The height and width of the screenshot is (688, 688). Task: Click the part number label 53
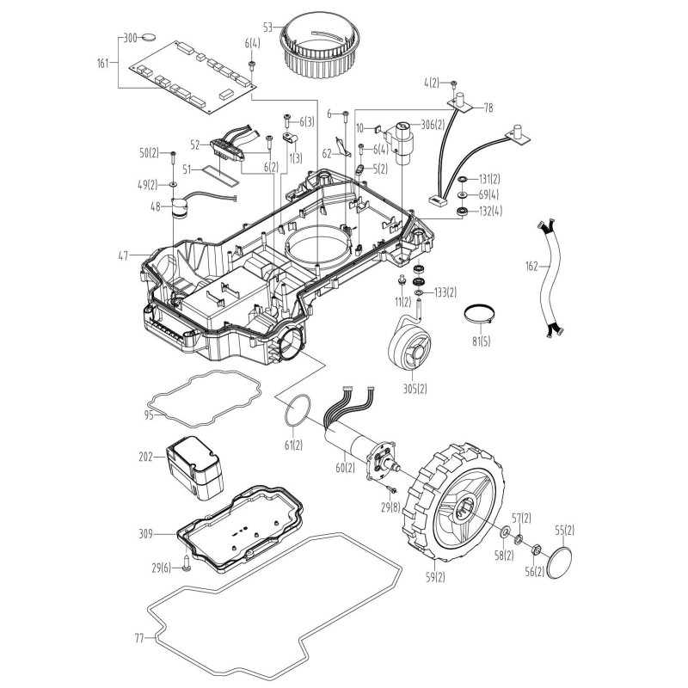[268, 28]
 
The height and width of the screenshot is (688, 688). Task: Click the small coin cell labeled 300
[152, 38]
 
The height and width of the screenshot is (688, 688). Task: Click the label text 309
[145, 534]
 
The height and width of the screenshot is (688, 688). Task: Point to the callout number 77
[140, 639]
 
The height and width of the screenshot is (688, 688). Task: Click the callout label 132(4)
[490, 211]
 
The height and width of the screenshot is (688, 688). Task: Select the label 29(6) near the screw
[161, 567]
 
